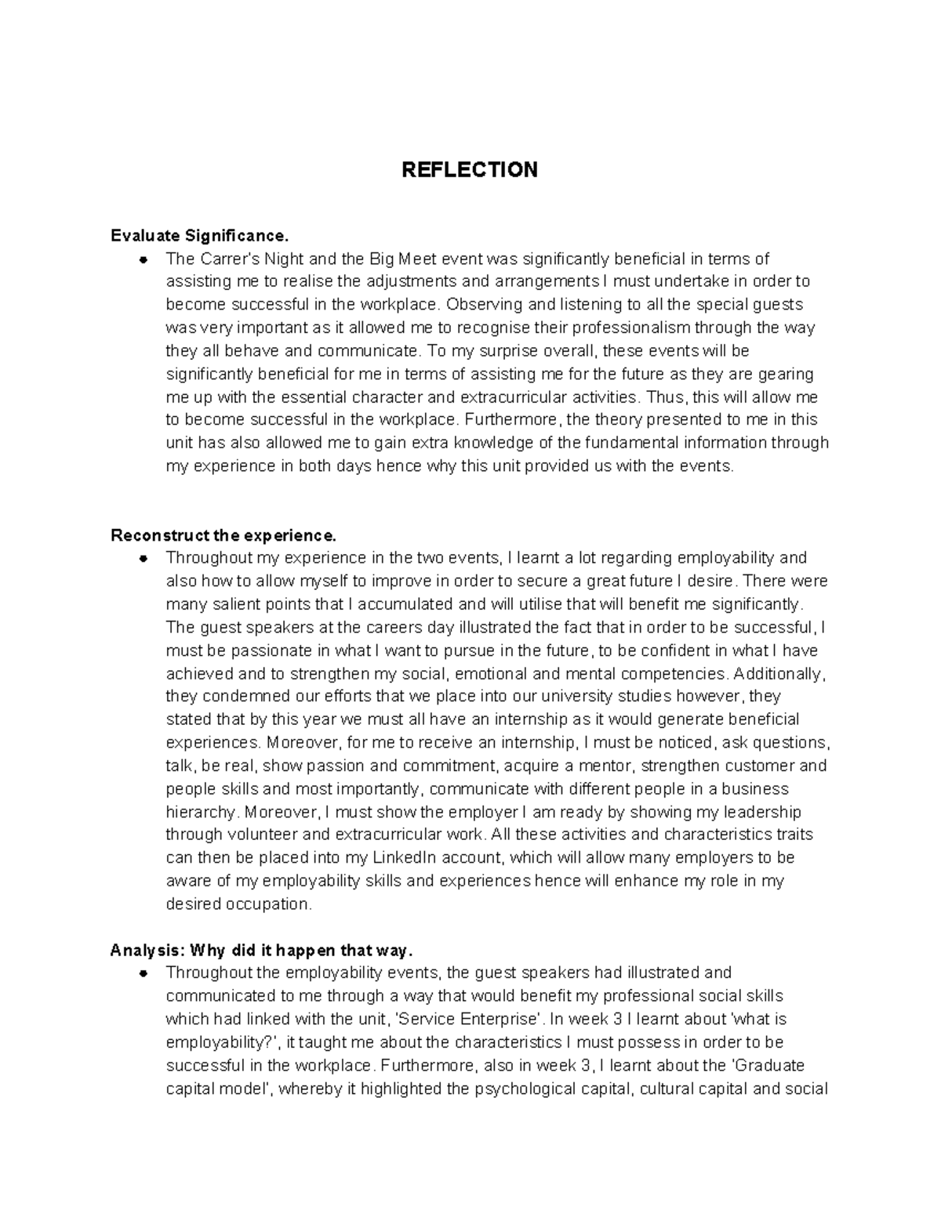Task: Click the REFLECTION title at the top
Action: (469, 170)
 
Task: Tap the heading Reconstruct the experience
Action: (223, 536)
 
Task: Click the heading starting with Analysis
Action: (261, 951)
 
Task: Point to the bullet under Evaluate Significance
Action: (144, 259)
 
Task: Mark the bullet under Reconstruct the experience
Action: (144, 559)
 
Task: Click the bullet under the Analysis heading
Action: (144, 973)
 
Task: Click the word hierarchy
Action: (200, 812)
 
